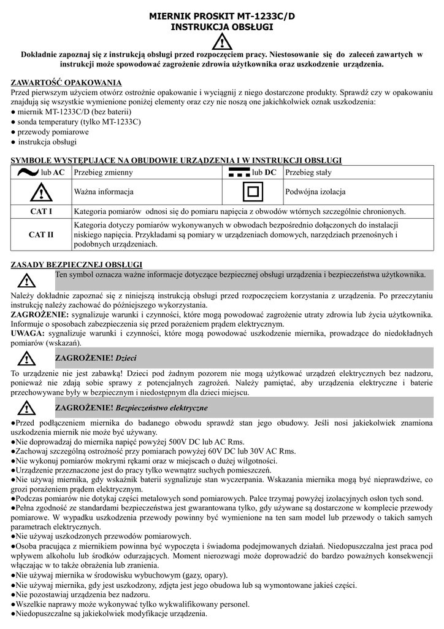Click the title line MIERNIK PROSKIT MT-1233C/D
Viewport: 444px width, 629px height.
pos(221,17)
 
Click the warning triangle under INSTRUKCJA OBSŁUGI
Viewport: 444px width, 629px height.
pos(221,42)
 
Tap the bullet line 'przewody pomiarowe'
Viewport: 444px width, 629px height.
pos(53,132)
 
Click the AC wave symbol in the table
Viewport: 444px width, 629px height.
pos(28,173)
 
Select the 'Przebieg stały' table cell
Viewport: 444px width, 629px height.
pos(308,173)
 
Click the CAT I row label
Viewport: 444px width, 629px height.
pos(42,211)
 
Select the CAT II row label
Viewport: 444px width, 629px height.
pos(42,234)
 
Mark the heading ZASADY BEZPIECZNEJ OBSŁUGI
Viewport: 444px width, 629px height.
pos(77,265)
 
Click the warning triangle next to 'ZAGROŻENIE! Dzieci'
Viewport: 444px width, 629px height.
pos(26,358)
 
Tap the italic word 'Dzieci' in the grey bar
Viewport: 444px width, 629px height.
pos(126,357)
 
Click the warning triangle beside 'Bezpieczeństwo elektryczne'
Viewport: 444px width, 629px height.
pos(26,408)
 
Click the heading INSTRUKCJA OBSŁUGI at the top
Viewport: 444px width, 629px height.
pos(221,28)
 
